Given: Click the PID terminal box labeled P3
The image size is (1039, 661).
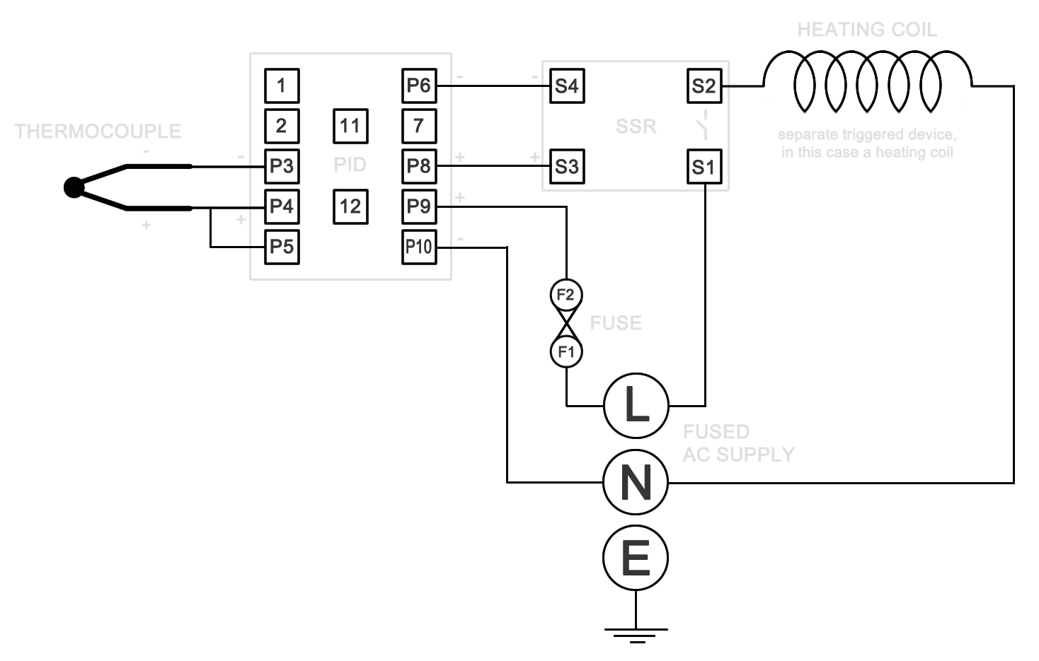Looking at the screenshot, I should (x=282, y=166).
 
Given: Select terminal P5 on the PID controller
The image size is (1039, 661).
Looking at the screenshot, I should (x=282, y=247).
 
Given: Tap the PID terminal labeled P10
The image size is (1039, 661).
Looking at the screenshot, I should (x=419, y=247).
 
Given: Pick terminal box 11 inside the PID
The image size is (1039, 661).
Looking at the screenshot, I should (x=350, y=126).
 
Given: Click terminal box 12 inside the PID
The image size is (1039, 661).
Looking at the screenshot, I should (x=350, y=206).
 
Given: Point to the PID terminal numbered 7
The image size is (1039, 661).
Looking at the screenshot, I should (x=419, y=126).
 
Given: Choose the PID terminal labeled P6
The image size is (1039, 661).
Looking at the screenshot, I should (x=419, y=86).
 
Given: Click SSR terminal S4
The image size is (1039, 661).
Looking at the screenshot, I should (x=567, y=86).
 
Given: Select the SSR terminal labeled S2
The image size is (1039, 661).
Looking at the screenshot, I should (x=704, y=86).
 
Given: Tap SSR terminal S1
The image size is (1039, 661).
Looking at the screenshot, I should (x=704, y=167).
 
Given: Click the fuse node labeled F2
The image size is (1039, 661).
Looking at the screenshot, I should (x=566, y=295).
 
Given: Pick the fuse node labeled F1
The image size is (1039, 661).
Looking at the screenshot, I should (x=566, y=351).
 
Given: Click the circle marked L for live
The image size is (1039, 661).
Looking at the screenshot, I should (x=636, y=406).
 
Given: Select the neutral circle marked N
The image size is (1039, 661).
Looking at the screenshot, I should (x=636, y=482).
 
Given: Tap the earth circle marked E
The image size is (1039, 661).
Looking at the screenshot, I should (x=636, y=558).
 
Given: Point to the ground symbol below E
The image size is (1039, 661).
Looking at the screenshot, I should (x=636, y=634).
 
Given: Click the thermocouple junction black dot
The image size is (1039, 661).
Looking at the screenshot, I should (x=74, y=187).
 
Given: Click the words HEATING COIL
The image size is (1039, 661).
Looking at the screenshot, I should (x=867, y=30).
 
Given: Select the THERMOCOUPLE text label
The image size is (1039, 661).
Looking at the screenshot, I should (x=98, y=131).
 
